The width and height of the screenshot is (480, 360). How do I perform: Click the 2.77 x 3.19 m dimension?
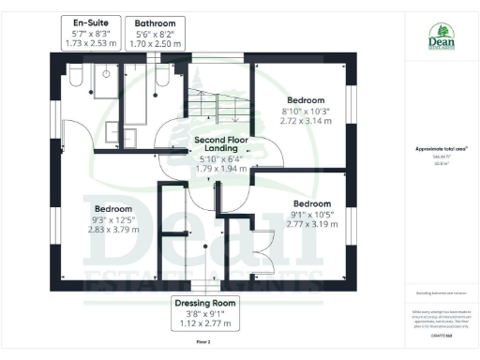pyautogui.click(x=311, y=226)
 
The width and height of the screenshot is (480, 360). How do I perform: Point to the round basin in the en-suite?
pyautogui.click(x=108, y=72)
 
